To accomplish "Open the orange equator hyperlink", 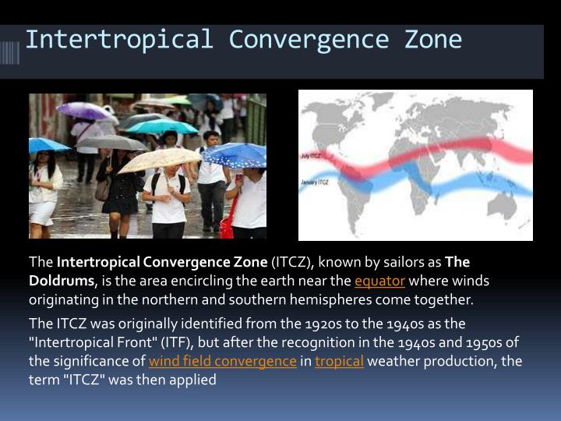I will click(379, 281).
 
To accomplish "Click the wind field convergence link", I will click(223, 361).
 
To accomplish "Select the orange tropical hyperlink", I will click(339, 361).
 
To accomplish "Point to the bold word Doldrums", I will click(61, 281).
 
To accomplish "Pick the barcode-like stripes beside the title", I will click(10, 52).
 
